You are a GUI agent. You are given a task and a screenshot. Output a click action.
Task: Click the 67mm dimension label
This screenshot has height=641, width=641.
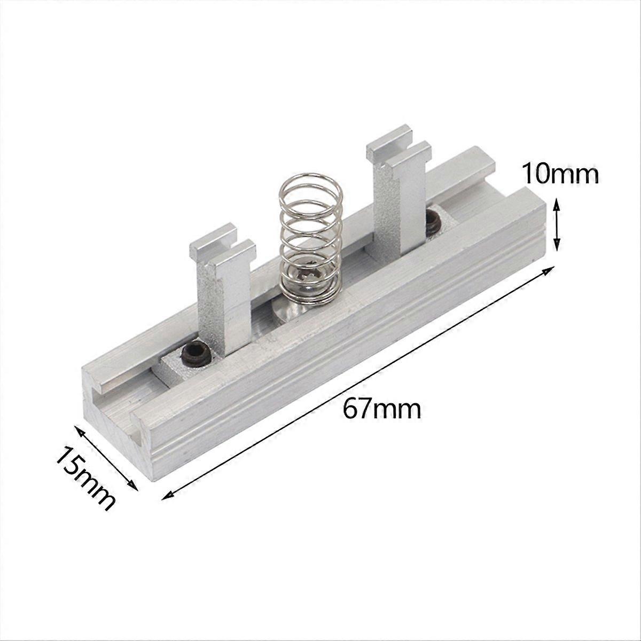click(382, 410)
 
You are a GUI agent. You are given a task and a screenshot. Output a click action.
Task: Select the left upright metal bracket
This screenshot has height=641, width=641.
click(221, 299)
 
